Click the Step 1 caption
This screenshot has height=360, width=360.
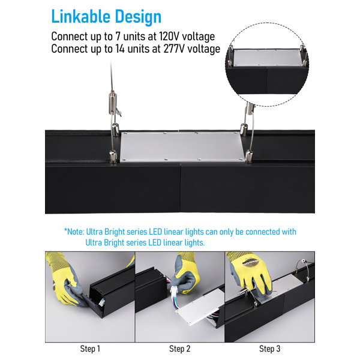(90, 349)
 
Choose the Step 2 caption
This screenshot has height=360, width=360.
(179, 349)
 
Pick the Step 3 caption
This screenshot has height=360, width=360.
(269, 349)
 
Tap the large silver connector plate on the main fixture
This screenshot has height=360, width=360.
(181, 146)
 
